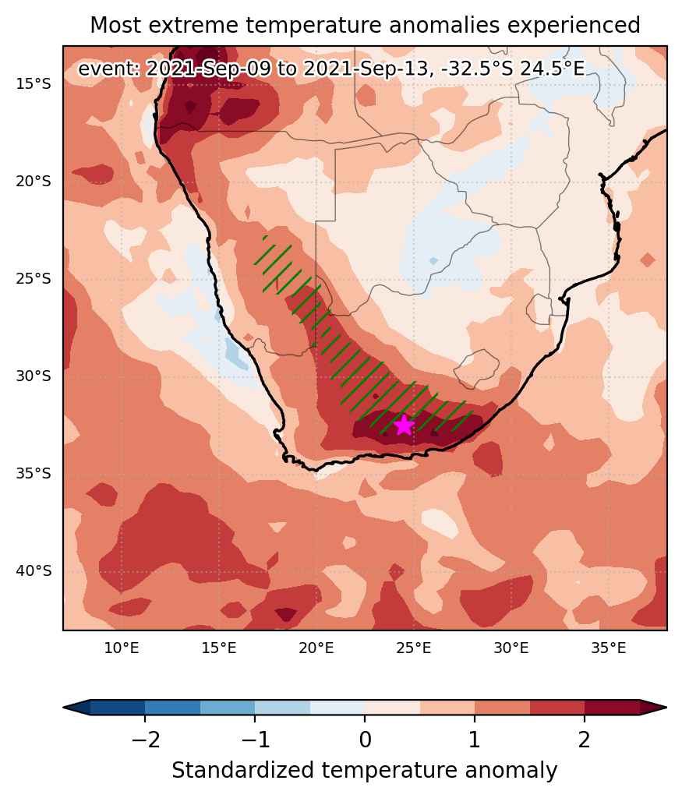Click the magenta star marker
(x=404, y=425)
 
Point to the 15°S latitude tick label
(x=34, y=84)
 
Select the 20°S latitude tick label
(x=34, y=181)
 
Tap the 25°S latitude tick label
(x=34, y=279)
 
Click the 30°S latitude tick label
(x=34, y=376)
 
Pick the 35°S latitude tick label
(x=34, y=474)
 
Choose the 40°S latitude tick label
(x=34, y=571)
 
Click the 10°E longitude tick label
(x=122, y=648)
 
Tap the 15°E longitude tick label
(x=219, y=648)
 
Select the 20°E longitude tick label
(x=316, y=648)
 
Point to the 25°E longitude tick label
(x=414, y=648)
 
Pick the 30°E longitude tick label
(x=511, y=648)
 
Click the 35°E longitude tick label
(x=609, y=648)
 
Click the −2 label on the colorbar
(x=146, y=740)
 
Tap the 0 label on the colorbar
(x=365, y=740)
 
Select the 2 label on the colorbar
(x=585, y=740)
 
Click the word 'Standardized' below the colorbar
(x=242, y=771)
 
